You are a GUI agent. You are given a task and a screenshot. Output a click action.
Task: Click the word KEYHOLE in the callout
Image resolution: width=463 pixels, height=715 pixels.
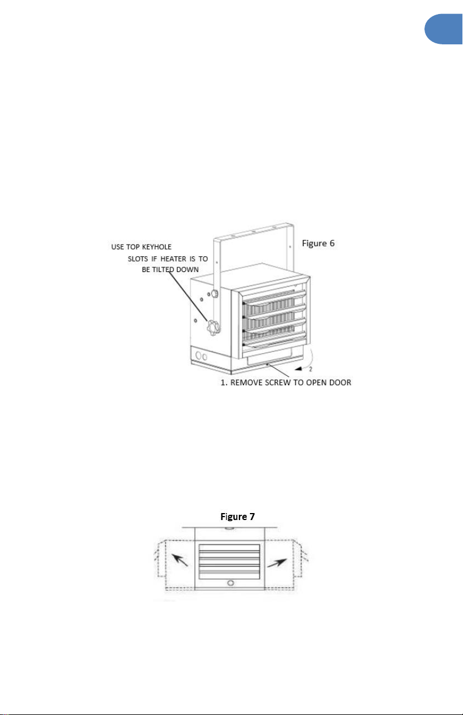point(156,247)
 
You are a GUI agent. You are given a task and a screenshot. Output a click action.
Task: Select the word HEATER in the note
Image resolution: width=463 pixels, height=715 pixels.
point(173,259)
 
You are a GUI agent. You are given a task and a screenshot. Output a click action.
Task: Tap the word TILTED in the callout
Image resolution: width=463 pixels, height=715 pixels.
point(163,270)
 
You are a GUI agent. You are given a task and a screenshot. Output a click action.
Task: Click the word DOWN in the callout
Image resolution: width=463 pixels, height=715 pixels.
point(187,270)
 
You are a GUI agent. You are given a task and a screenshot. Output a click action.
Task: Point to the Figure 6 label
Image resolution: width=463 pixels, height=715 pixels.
point(318,243)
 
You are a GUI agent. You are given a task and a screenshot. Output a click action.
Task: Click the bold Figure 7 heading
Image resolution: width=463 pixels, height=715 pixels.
point(238,517)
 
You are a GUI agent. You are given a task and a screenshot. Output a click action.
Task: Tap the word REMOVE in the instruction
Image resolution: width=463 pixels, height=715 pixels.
point(247,382)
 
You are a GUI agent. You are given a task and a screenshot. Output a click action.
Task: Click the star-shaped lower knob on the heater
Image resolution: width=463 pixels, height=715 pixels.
point(213,327)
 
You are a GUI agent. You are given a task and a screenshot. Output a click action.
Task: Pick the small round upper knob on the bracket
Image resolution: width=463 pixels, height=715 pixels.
point(215,293)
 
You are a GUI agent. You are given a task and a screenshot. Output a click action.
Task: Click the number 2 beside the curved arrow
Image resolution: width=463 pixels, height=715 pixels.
point(311,369)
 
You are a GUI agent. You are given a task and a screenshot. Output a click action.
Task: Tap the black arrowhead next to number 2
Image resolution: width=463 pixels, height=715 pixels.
point(298,369)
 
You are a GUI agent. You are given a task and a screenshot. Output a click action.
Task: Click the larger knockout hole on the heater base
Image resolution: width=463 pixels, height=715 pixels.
point(199,355)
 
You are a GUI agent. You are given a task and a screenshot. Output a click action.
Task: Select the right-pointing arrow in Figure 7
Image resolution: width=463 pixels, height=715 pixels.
point(277,563)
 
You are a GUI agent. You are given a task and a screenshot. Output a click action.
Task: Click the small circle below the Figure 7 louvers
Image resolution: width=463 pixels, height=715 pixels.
point(230,583)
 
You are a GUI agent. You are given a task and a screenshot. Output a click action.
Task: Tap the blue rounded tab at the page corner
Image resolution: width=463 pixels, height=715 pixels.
point(444,29)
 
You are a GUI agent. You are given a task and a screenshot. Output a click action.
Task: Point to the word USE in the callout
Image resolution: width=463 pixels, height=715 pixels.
point(117,247)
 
